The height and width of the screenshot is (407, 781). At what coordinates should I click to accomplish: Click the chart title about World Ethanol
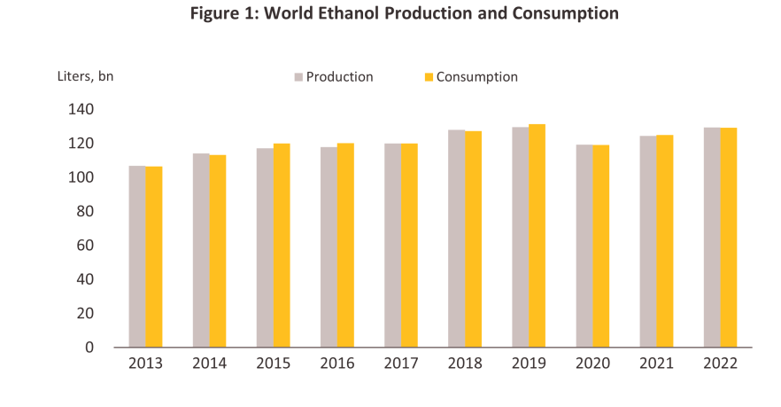pyautogui.click(x=391, y=14)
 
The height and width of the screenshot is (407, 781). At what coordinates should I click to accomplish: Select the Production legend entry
pyautogui.click(x=339, y=77)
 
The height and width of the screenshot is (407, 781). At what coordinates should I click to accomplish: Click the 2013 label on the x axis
pyautogui.click(x=146, y=364)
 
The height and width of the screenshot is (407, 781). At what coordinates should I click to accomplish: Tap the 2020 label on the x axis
pyautogui.click(x=592, y=364)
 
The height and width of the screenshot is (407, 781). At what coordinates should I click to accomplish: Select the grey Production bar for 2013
pyautogui.click(x=137, y=256)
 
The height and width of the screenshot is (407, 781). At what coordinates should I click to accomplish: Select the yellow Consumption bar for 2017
pyautogui.click(x=409, y=245)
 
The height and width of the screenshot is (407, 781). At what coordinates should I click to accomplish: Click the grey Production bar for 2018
pyautogui.click(x=456, y=239)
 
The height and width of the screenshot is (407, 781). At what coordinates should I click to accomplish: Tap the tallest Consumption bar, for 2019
pyautogui.click(x=537, y=236)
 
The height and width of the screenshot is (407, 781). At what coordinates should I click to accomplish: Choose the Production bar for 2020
pyautogui.click(x=584, y=246)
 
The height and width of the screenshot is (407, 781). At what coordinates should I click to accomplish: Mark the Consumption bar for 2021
pyautogui.click(x=665, y=241)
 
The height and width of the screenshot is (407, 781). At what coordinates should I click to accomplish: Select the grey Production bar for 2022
pyautogui.click(x=712, y=238)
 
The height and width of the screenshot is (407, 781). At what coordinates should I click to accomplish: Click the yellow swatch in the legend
pyautogui.click(x=429, y=77)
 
